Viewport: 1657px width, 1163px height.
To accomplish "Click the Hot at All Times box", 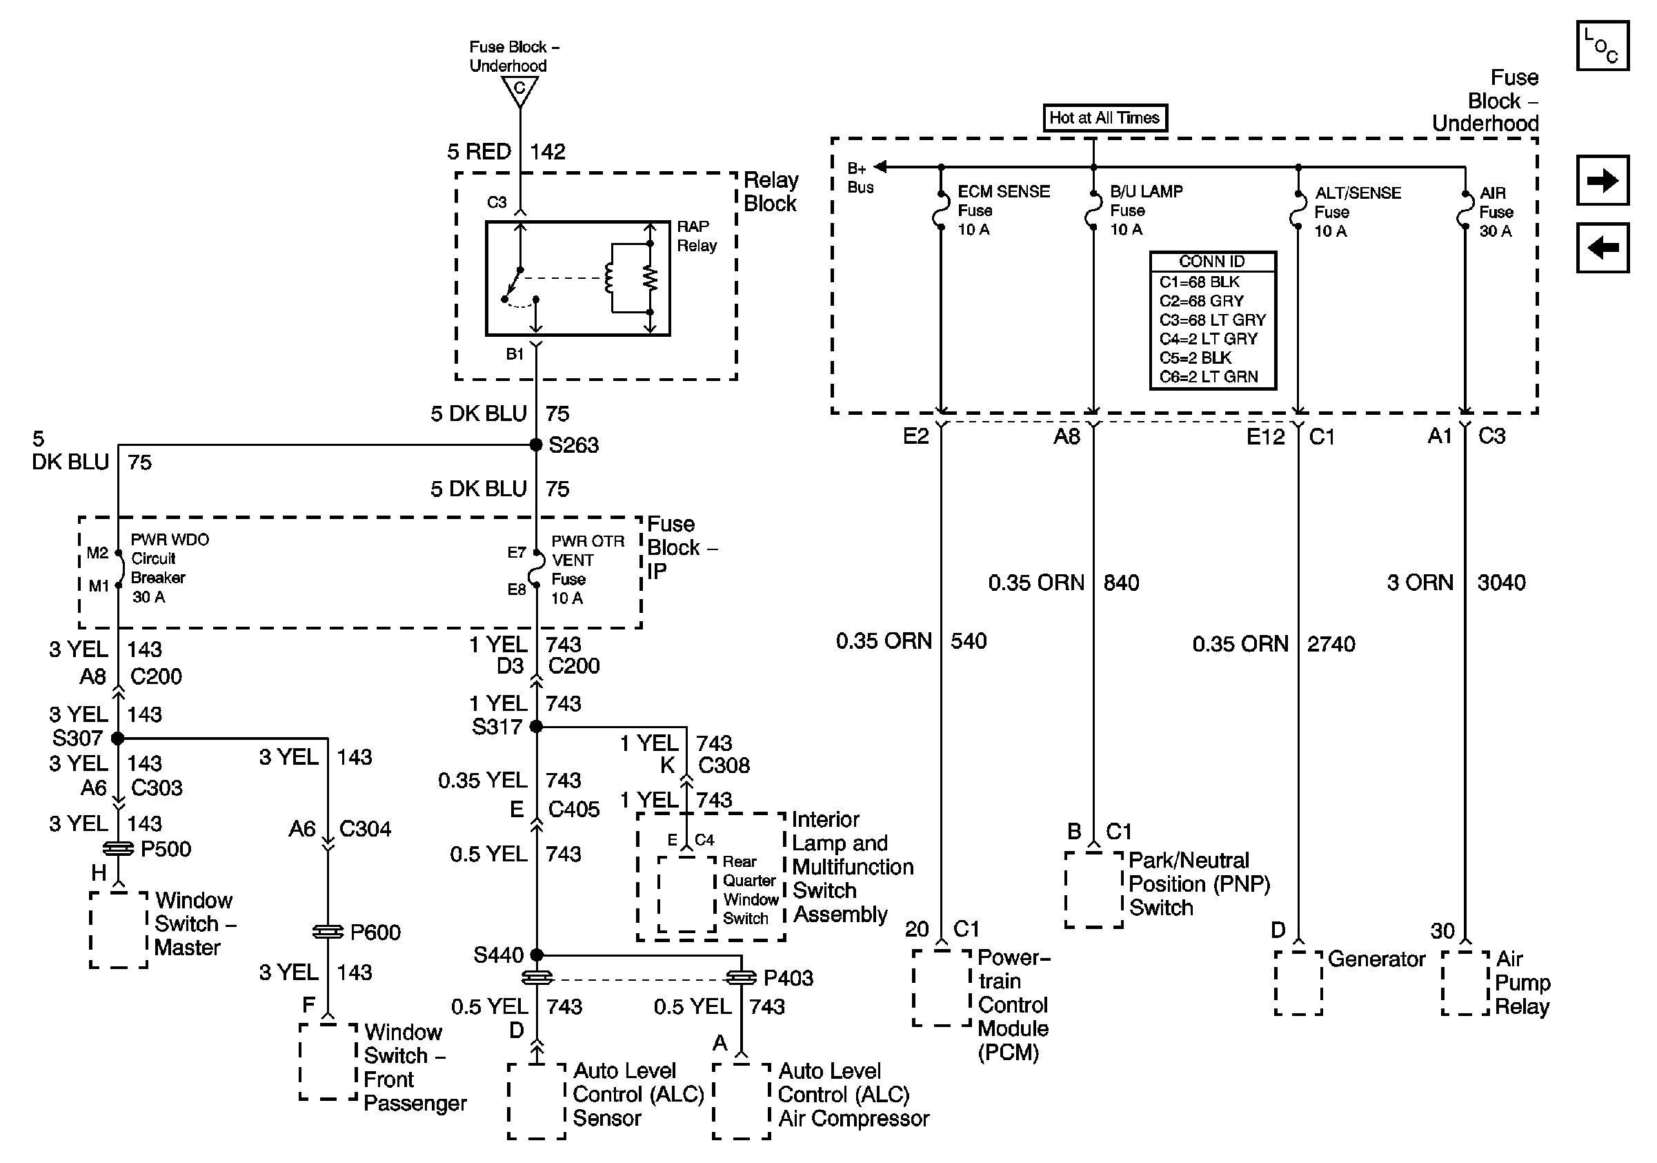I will (x=1104, y=117).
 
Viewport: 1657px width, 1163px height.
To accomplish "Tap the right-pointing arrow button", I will (x=1602, y=179).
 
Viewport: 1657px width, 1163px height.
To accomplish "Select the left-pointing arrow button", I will (x=1602, y=248).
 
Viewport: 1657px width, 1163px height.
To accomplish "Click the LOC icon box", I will (x=1602, y=46).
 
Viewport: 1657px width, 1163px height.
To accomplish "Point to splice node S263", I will (x=535, y=444).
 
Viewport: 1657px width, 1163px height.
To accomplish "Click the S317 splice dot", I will (x=535, y=726).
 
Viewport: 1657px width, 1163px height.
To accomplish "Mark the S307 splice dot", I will (x=118, y=738).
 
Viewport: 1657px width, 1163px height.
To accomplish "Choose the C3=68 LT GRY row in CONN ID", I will (x=1213, y=320).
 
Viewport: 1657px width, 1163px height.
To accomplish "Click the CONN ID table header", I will (x=1213, y=262).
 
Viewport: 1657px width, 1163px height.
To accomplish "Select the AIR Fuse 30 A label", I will (x=1496, y=211).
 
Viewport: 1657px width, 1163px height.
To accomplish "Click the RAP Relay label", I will (x=696, y=236).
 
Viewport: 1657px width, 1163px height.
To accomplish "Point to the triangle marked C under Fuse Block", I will (x=519, y=90).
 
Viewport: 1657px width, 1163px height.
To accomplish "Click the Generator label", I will (x=1376, y=959).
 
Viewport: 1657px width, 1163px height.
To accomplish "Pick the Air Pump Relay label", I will (x=1521, y=983).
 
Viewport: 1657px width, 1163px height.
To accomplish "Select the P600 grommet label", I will (x=375, y=932).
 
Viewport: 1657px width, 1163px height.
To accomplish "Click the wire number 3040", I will (x=1501, y=583).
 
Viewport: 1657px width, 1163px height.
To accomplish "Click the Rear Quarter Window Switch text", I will (x=749, y=890).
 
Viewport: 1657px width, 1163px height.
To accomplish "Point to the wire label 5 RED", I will (x=479, y=152).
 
